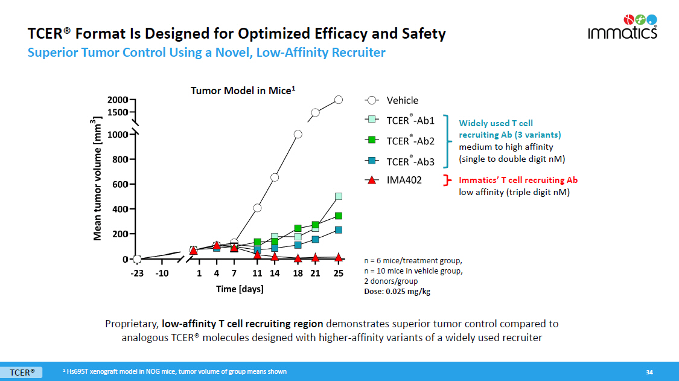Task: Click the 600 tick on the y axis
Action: pyautogui.click(x=123, y=184)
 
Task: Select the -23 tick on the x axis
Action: pyautogui.click(x=137, y=272)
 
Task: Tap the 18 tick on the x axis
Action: pyautogui.click(x=298, y=272)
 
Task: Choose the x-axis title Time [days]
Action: pyautogui.click(x=240, y=289)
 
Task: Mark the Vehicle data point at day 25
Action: pyautogui.click(x=339, y=100)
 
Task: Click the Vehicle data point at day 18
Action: pyautogui.click(x=298, y=134)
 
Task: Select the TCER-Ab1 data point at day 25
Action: pyautogui.click(x=339, y=196)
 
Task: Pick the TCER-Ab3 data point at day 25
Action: pyautogui.click(x=339, y=230)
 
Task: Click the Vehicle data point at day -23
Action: pyautogui.click(x=137, y=259)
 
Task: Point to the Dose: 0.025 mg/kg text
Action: pyautogui.click(x=397, y=292)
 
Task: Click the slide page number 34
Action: pyautogui.click(x=649, y=371)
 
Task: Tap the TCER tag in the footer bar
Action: pyautogui.click(x=21, y=372)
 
